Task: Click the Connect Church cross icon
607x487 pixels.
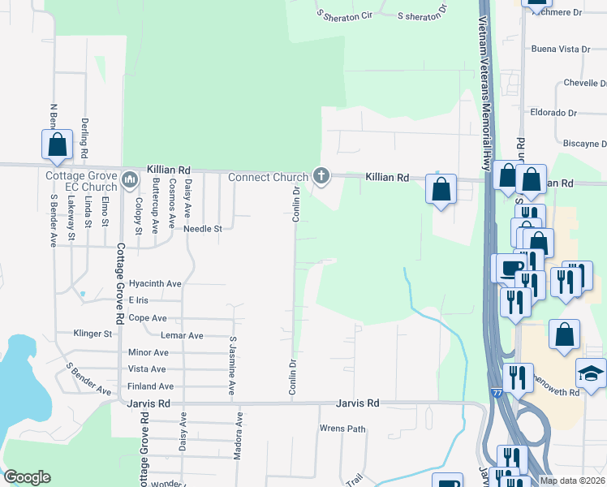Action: pyautogui.click(x=321, y=176)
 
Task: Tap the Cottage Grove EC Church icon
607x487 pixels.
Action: pyautogui.click(x=130, y=178)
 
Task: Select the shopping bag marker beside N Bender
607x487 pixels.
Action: pyautogui.click(x=58, y=146)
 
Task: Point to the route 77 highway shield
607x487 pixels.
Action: pyautogui.click(x=495, y=392)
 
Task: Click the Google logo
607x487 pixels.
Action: pyautogui.click(x=27, y=477)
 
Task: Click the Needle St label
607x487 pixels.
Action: pyautogui.click(x=202, y=229)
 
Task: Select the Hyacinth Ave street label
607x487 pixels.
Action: pyautogui.click(x=155, y=284)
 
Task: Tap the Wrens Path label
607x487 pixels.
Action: pyautogui.click(x=343, y=428)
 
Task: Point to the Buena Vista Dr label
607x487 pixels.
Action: pyautogui.click(x=560, y=50)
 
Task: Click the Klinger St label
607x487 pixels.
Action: pyautogui.click(x=93, y=334)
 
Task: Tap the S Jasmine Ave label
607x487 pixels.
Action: pyautogui.click(x=232, y=365)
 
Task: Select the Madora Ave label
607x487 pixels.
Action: pyautogui.click(x=239, y=437)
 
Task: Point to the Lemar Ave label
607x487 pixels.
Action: pyautogui.click(x=183, y=335)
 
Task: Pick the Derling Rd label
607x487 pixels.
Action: pyautogui.click(x=84, y=138)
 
